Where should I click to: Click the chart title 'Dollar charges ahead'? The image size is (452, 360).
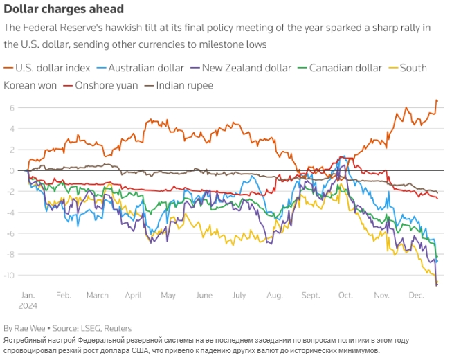[x=64, y=10]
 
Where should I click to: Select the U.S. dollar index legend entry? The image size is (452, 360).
[x=48, y=68]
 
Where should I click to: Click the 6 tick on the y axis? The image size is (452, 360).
[x=12, y=107]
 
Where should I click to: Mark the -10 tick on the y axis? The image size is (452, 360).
[x=9, y=276]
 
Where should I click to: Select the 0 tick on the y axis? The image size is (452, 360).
[x=12, y=170]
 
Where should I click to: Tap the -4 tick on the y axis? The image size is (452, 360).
[x=10, y=213]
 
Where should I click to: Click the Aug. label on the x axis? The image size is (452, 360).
[x=275, y=295]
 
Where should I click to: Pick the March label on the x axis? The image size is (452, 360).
[x=97, y=295]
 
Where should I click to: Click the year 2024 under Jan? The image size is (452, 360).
[x=27, y=305]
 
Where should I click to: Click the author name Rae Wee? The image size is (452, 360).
[x=35, y=328]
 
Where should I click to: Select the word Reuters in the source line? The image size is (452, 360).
[x=116, y=328]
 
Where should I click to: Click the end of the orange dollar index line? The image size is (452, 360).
[x=437, y=101]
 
